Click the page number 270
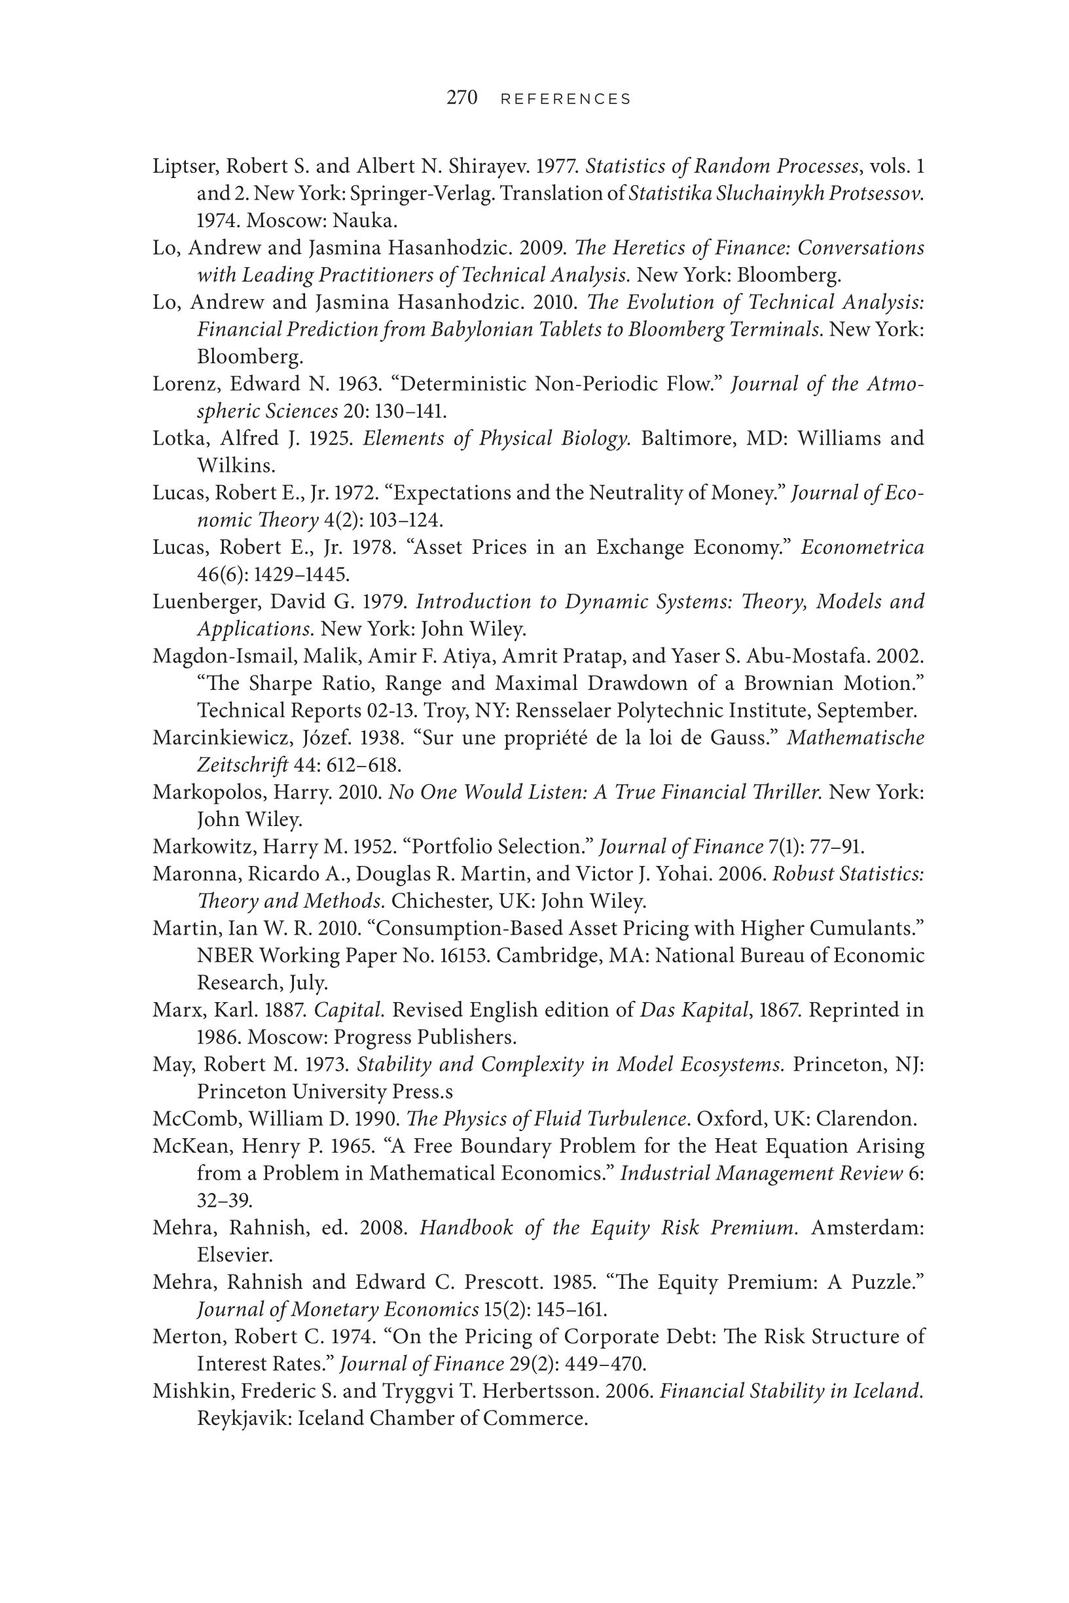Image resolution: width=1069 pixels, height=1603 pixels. (x=462, y=98)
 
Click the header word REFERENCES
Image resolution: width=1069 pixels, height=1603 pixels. (x=566, y=99)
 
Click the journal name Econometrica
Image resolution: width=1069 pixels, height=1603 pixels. (x=862, y=548)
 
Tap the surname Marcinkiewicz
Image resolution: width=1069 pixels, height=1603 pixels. (x=216, y=739)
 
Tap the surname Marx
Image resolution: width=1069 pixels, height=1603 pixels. (x=171, y=1011)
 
